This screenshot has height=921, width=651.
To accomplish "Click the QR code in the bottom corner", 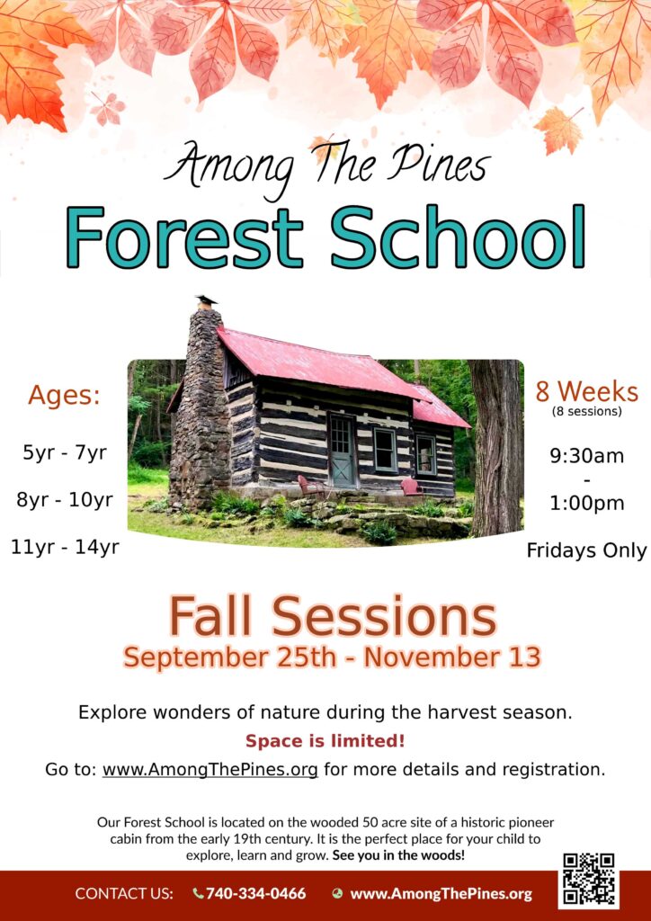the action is coord(589,880).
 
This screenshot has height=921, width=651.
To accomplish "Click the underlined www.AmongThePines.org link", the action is coord(210,770).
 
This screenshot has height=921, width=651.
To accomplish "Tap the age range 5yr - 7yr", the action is coord(65,453).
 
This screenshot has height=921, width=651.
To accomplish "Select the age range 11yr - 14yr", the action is coord(65,548).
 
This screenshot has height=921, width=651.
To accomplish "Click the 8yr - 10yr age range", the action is coord(65,500).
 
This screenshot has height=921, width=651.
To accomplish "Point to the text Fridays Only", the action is coord(586,551).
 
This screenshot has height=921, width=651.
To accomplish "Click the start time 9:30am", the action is coord(586,456).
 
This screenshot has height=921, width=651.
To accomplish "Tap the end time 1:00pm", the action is coord(586,504).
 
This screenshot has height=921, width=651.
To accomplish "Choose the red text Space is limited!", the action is coord(325,741).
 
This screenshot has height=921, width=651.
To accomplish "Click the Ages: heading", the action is coord(64,396).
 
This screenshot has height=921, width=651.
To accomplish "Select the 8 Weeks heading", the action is coord(586,392).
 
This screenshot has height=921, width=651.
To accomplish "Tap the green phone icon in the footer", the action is coord(199,894).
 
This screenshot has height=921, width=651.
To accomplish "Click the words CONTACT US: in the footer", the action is coord(124,894).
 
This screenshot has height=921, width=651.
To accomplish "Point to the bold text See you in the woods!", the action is coord(398,855).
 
